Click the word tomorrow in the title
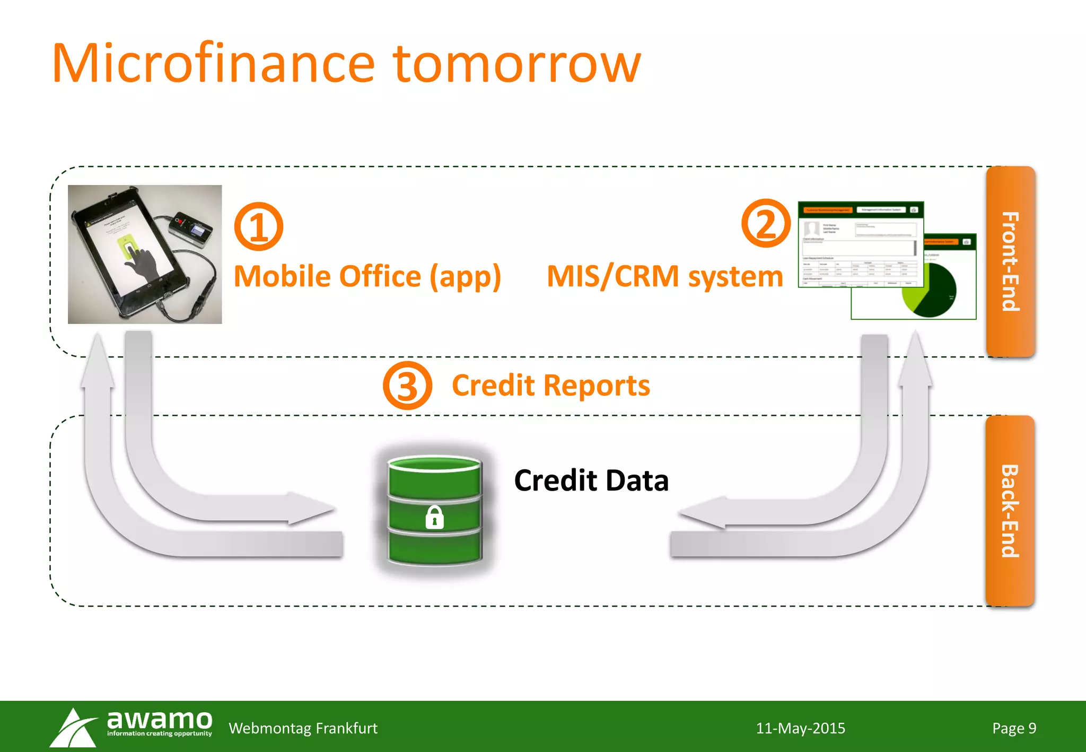click(x=516, y=64)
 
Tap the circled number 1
click(x=258, y=226)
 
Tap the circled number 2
click(x=765, y=223)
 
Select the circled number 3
click(x=407, y=385)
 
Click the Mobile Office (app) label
click(x=367, y=276)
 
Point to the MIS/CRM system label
click(x=664, y=276)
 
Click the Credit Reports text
click(x=550, y=385)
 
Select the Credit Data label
click(x=591, y=480)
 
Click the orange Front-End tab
click(x=1010, y=261)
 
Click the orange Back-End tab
click(x=1010, y=511)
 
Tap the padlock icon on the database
click(x=434, y=517)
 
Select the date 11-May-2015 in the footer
click(x=800, y=728)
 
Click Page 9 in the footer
click(x=1014, y=728)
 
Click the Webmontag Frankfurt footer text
click(x=303, y=728)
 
